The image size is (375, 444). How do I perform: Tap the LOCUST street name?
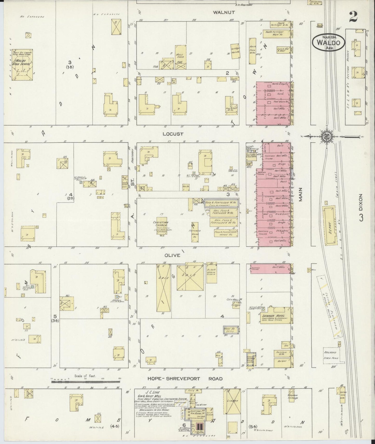point(173,134)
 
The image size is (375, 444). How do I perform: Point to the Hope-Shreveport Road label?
point(185,379)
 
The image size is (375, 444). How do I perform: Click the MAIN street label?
point(301,195)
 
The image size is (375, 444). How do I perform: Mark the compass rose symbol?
point(325,136)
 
